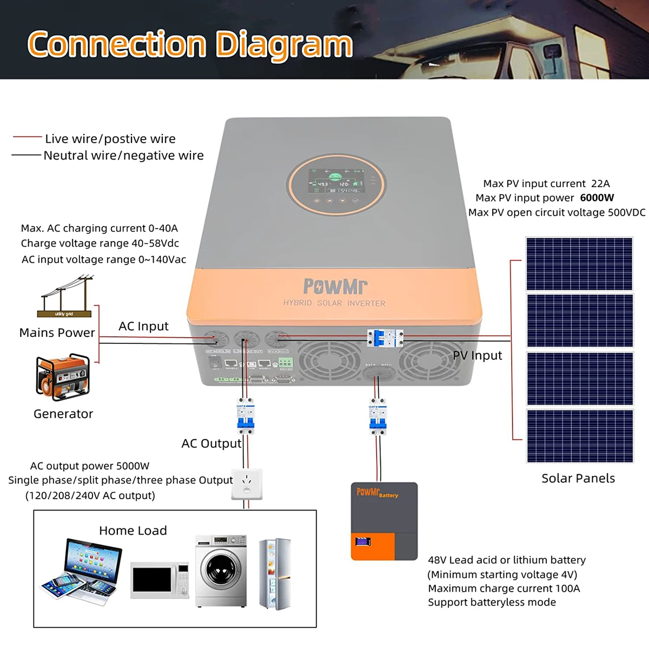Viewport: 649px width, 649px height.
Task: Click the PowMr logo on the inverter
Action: pos(335,286)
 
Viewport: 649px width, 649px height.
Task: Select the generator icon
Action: pos(63,377)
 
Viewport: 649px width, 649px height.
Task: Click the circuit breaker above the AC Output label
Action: pos(246,417)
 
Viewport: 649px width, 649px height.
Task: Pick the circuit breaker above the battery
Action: pos(378,417)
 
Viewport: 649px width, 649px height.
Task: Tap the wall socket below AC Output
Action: pos(247,484)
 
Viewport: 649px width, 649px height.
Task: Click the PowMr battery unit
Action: pos(384,521)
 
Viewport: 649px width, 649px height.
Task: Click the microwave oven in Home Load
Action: pos(160,580)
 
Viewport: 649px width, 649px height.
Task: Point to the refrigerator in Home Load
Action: pos(275,573)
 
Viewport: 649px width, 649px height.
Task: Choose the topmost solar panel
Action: pos(579,264)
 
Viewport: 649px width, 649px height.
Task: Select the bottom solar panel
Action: pos(579,436)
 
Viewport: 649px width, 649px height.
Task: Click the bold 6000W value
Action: pos(597,198)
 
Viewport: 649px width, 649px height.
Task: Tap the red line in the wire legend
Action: pos(27,137)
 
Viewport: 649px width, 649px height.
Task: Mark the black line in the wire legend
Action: pos(26,155)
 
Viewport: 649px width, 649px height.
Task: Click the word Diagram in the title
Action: pos(284,44)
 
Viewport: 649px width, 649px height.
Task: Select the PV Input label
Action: pos(477,355)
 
